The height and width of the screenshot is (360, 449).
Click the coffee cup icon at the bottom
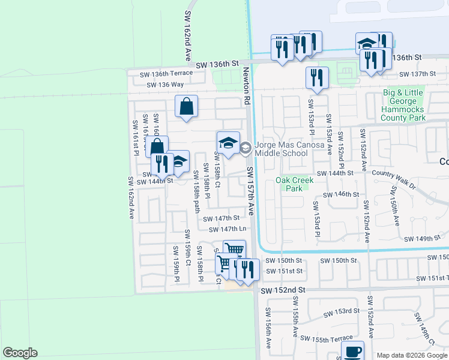(352, 350)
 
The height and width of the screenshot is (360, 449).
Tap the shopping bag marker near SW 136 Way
(187, 106)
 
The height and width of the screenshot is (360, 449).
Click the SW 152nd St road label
(283, 290)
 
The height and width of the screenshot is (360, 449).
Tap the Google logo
(20, 353)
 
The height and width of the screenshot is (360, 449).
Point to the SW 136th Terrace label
(166, 73)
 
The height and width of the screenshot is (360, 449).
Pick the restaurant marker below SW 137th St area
(317, 77)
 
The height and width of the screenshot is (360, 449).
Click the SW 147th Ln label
(228, 229)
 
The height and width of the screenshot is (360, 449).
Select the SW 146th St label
(340, 194)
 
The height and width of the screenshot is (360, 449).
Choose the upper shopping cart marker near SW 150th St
(234, 249)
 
